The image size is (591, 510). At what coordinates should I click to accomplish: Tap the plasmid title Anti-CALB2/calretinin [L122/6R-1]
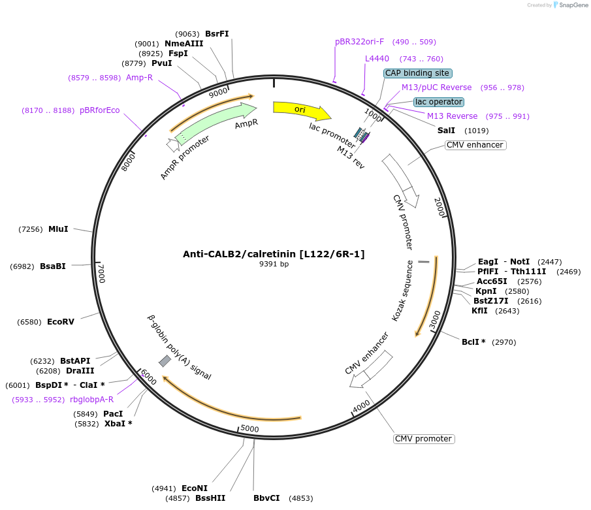click(274, 254)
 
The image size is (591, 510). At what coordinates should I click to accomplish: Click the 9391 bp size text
click(274, 264)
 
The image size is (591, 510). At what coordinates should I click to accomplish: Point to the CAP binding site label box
click(417, 73)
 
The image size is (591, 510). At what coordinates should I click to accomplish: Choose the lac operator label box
click(438, 102)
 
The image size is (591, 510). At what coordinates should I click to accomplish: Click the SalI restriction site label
click(446, 131)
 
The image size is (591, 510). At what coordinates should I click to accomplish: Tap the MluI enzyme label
click(58, 229)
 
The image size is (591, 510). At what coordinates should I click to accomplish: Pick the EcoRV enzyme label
click(61, 322)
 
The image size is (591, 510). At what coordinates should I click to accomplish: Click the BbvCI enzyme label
click(266, 498)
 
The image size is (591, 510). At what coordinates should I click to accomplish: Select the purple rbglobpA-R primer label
click(91, 400)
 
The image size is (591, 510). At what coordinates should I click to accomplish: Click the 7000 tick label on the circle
click(101, 272)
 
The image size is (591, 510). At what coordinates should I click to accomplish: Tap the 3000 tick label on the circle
click(435, 319)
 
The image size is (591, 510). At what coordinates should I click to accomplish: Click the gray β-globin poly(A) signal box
click(165, 361)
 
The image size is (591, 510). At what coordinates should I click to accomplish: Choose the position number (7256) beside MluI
click(31, 229)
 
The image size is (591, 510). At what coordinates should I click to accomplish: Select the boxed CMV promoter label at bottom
click(424, 439)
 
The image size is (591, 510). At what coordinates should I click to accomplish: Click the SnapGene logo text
click(573, 5)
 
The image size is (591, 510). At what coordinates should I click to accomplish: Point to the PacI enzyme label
click(113, 413)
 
